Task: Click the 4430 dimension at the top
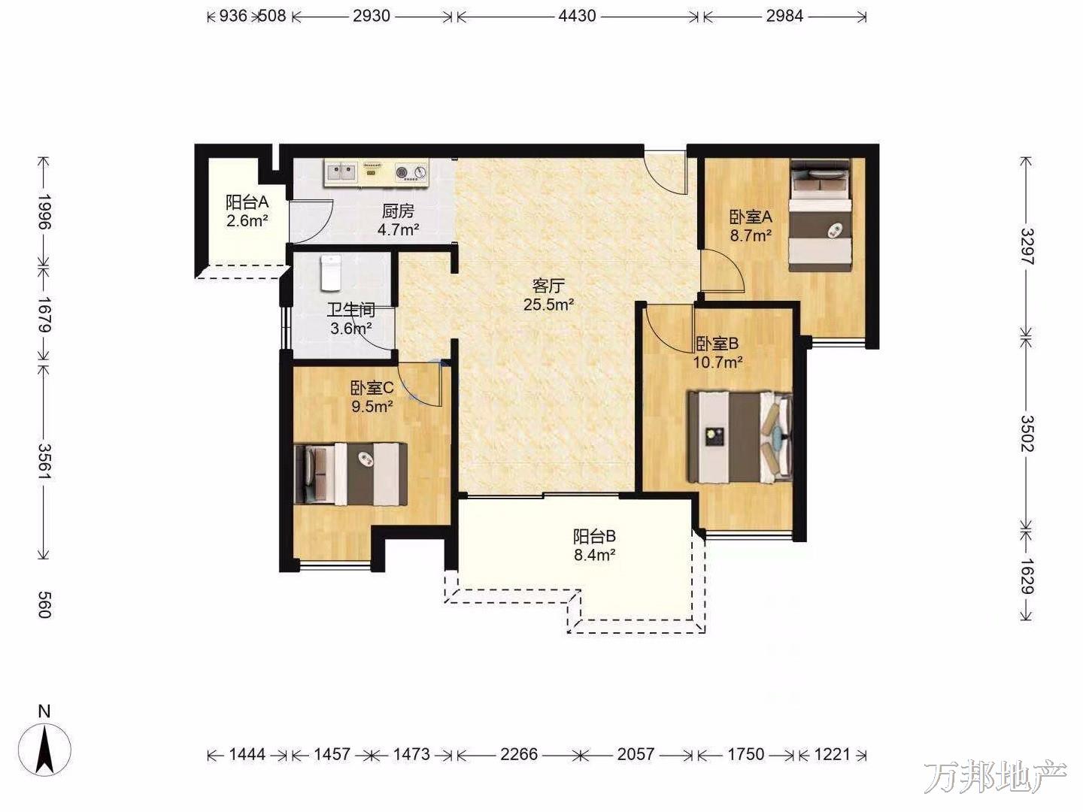coord(577,17)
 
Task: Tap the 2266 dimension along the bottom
coord(518,754)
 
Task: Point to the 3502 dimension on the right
coord(1027,433)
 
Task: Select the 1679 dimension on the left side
coord(44,314)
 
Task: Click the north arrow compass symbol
coord(44,749)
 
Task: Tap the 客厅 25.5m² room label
coord(548,295)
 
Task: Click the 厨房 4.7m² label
coord(398,220)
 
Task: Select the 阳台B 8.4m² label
coord(594,545)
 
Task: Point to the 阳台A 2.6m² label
coord(247,211)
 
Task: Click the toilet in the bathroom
coord(331,273)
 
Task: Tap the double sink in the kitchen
coord(341,172)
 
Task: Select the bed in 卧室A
coord(821,215)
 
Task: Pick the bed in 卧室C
coord(350,474)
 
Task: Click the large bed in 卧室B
coord(739,438)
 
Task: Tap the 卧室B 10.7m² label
coord(718,353)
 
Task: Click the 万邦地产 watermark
coord(996,777)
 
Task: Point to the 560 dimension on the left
coord(44,604)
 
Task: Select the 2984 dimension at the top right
coord(784,17)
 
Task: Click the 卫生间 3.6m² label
coord(351,319)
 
